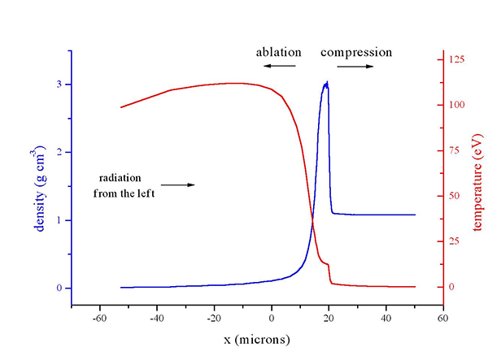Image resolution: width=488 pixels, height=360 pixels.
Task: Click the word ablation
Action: (x=277, y=52)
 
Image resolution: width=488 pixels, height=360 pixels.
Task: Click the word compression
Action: (x=356, y=52)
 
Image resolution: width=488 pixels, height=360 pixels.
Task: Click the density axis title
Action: (x=39, y=189)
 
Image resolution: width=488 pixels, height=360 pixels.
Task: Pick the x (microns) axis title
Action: (x=257, y=338)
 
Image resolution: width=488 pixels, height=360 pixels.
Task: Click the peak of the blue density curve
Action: (x=326, y=82)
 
